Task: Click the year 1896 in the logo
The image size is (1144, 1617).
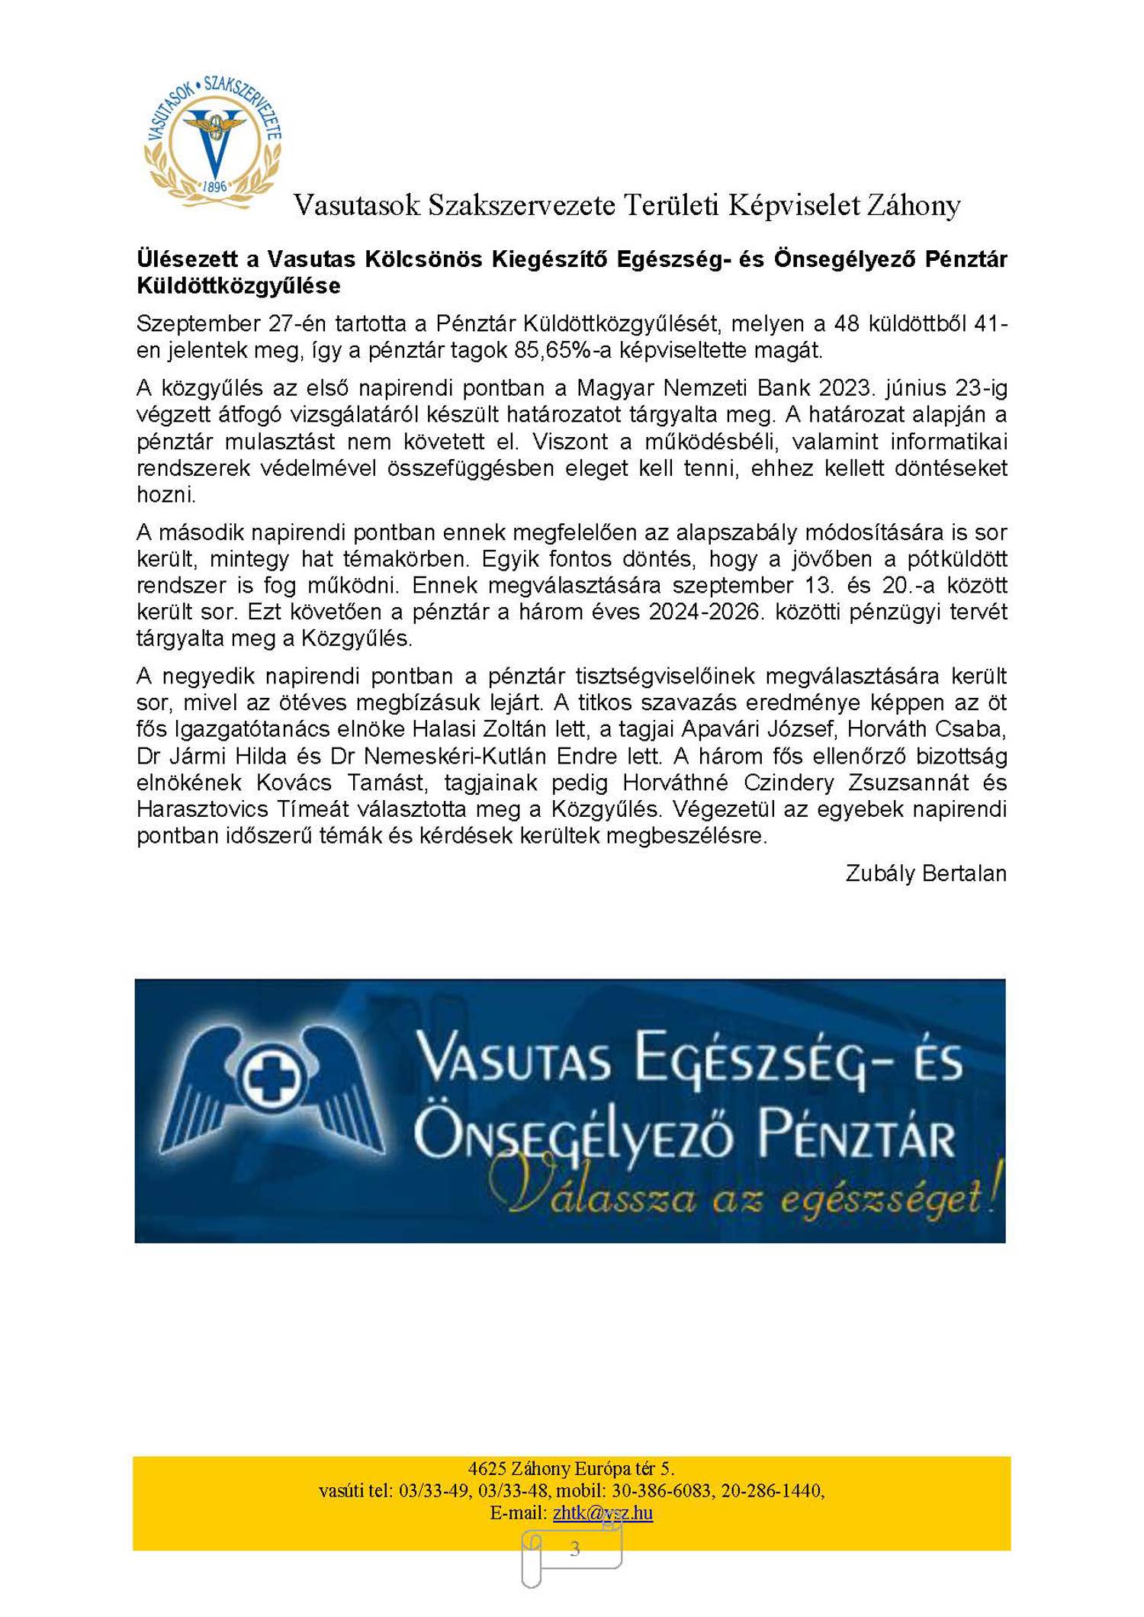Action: tap(215, 186)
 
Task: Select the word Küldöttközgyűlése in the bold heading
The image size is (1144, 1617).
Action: tap(239, 286)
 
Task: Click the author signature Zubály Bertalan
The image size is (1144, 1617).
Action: tap(925, 873)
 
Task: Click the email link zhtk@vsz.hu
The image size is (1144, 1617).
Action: tap(603, 1513)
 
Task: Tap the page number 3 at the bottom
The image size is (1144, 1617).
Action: tap(574, 1549)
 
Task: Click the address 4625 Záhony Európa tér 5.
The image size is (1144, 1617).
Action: tap(570, 1468)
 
